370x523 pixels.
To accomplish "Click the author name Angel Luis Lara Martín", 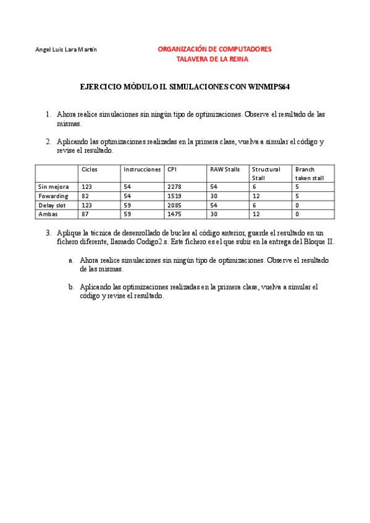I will [65, 49].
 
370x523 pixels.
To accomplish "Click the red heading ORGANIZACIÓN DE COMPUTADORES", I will [214, 49].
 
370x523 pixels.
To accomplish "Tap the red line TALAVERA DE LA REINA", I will [214, 59].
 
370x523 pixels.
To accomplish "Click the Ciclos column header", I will [90, 169].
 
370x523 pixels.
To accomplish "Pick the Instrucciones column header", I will [142, 169].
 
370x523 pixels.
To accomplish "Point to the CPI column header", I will [172, 169].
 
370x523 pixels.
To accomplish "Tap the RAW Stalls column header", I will [225, 169].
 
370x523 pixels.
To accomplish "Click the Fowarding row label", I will [54, 196].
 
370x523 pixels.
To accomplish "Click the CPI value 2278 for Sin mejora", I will [174, 186].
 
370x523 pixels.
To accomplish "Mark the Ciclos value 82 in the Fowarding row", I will [86, 196].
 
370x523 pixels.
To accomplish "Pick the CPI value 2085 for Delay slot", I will [174, 205].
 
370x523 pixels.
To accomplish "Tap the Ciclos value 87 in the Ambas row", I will [86, 214].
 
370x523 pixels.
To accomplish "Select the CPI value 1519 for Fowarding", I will [174, 196].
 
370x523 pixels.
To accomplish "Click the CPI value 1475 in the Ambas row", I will [174, 214].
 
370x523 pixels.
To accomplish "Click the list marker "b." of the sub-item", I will [72, 287].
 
